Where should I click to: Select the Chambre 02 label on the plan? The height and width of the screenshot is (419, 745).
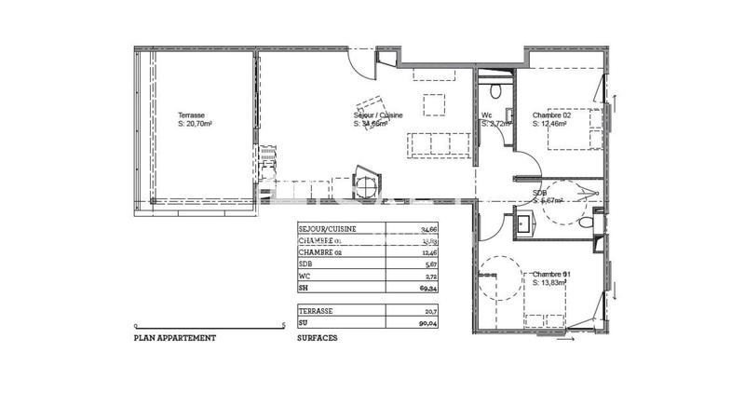(x=550, y=118)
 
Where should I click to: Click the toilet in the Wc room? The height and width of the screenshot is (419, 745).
(x=496, y=90)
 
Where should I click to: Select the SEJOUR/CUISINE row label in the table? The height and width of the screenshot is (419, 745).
(x=326, y=228)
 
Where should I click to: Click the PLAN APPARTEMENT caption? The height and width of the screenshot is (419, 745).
(x=175, y=339)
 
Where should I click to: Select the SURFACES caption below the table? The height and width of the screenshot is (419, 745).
(x=317, y=339)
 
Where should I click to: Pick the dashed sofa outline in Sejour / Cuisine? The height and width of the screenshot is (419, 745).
(x=438, y=145)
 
